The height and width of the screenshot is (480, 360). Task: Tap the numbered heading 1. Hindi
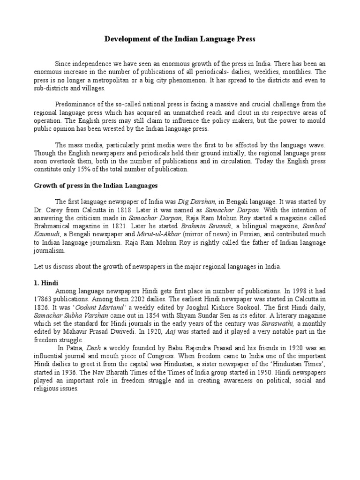tap(45, 283)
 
